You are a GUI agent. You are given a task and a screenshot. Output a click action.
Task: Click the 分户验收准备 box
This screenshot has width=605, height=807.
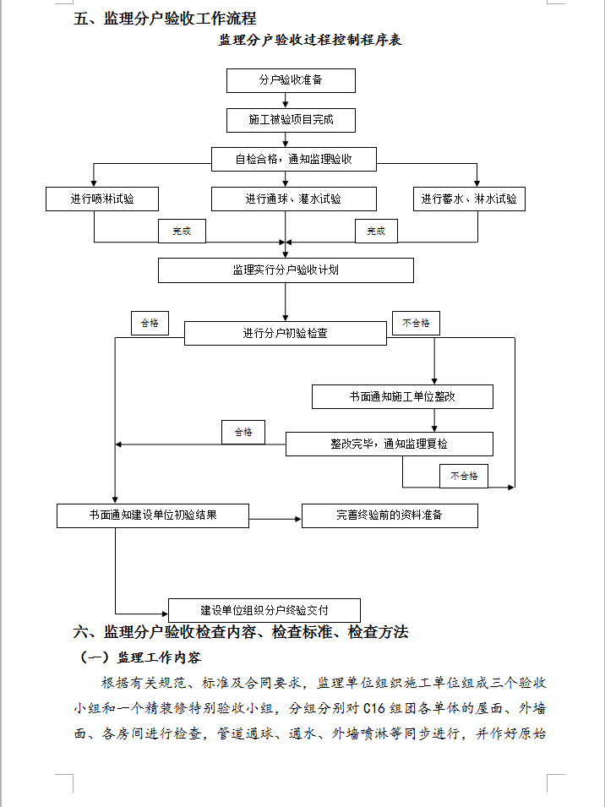291,81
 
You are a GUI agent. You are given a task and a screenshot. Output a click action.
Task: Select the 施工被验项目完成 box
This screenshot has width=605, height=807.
291,120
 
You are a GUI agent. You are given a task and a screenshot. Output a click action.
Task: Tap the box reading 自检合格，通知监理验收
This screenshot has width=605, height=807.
293,158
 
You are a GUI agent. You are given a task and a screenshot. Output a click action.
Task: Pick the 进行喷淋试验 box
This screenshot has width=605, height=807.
101,199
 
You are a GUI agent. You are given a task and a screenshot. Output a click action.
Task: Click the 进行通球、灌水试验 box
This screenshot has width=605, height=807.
293,199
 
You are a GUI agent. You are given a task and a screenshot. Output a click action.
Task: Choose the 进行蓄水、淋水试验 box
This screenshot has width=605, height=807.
469,199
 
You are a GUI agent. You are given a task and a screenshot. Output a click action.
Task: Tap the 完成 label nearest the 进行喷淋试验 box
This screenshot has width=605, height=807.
182,231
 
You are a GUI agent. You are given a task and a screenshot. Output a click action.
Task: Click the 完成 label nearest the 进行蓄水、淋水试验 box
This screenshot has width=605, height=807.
375,231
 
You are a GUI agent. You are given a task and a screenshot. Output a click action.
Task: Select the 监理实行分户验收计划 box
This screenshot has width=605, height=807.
286,270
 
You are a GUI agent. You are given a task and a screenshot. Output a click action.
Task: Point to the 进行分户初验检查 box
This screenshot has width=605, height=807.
286,333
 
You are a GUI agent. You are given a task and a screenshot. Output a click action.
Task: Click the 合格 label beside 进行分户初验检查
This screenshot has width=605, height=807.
150,323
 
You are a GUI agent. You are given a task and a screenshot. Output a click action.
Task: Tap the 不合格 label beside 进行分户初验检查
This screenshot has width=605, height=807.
416,323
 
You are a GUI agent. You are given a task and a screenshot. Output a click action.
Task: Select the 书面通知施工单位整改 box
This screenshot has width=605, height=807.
402,396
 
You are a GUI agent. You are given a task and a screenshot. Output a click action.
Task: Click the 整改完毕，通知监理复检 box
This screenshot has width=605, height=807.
389,444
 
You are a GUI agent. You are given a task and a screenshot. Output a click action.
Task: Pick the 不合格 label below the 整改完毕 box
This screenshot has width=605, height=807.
463,476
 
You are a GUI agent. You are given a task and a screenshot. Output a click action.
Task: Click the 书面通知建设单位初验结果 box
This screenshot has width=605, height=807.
153,515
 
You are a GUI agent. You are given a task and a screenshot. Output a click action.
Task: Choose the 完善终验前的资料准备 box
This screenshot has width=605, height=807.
390,515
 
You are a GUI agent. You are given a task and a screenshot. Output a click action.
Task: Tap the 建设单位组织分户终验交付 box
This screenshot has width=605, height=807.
264,610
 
